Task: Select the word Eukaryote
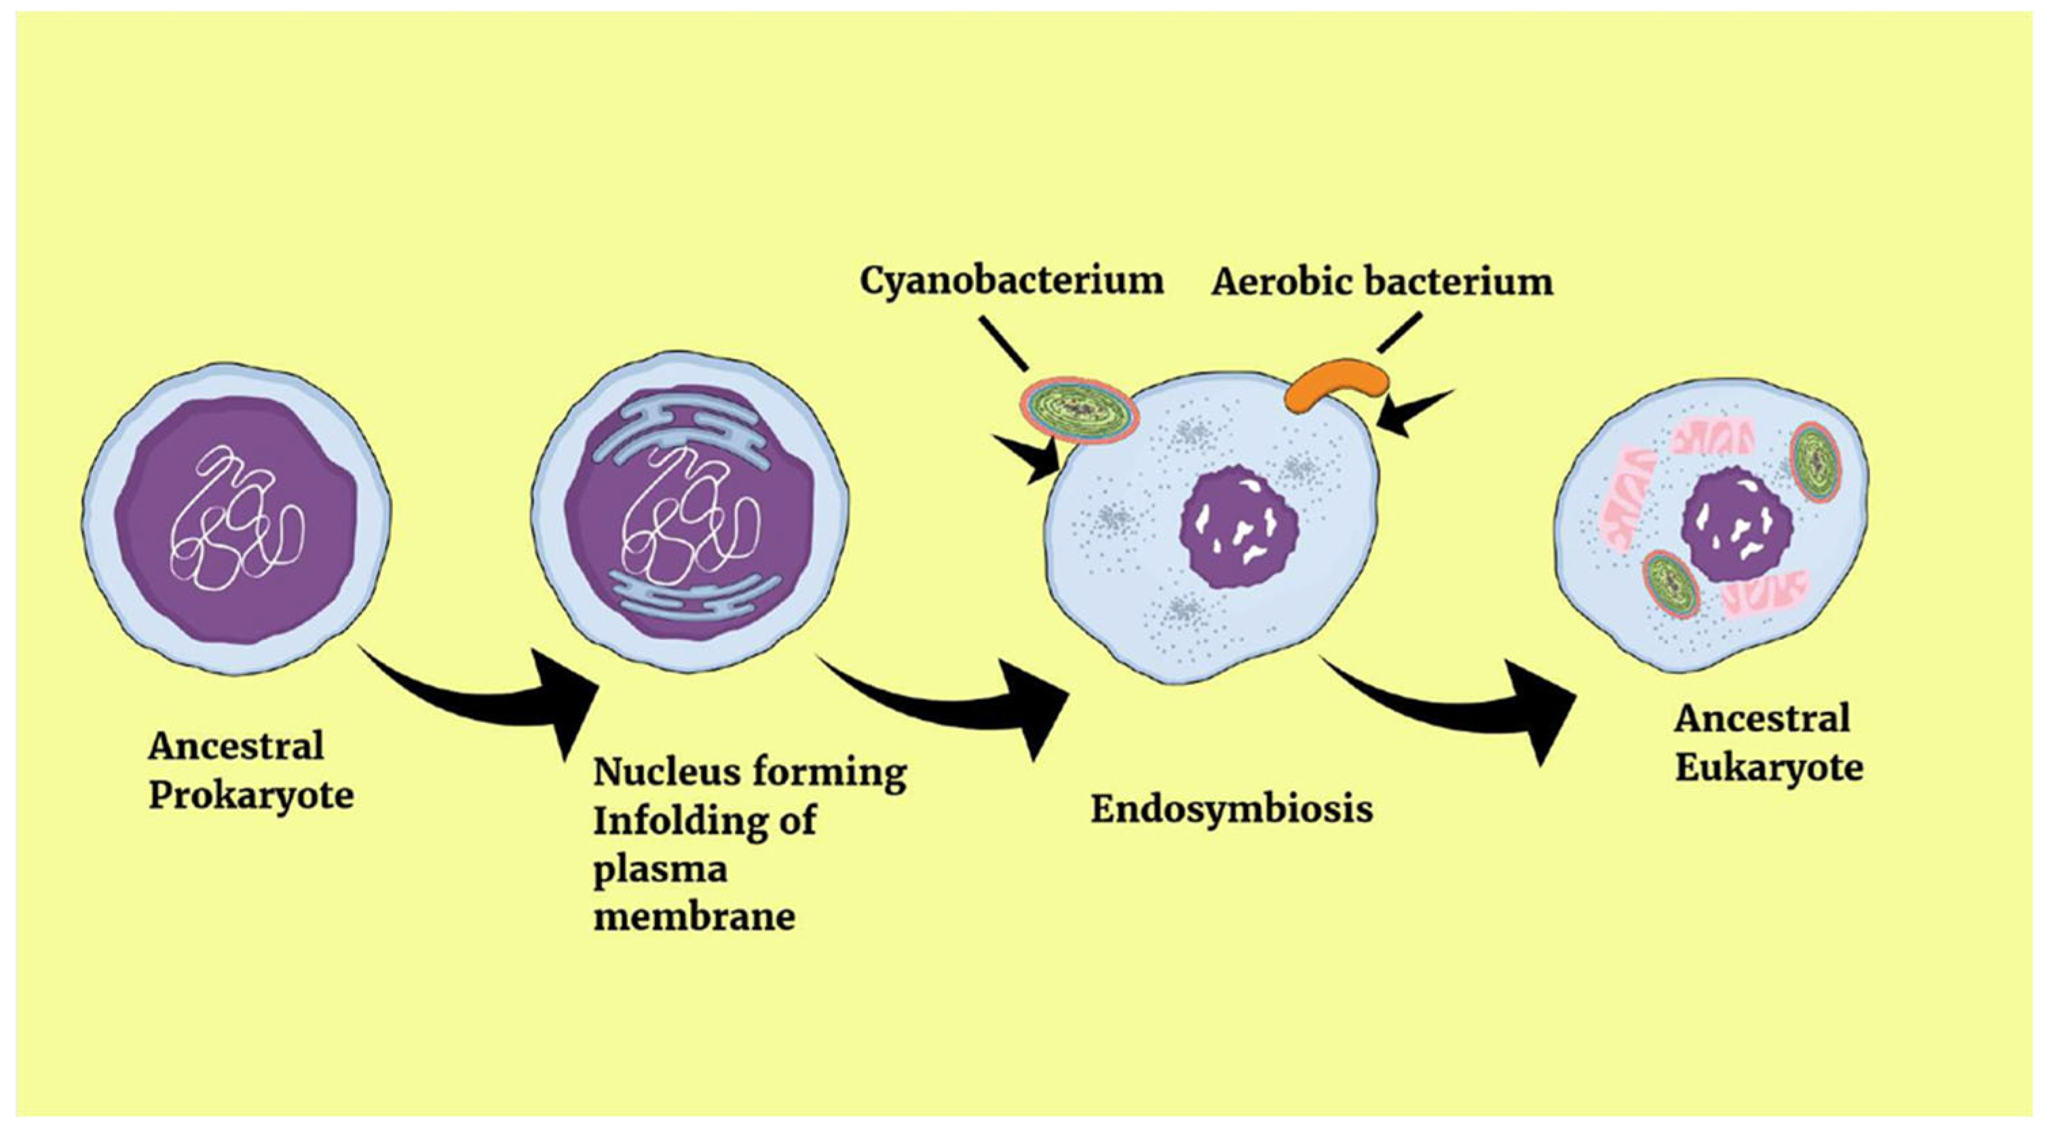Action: coord(1768,769)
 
